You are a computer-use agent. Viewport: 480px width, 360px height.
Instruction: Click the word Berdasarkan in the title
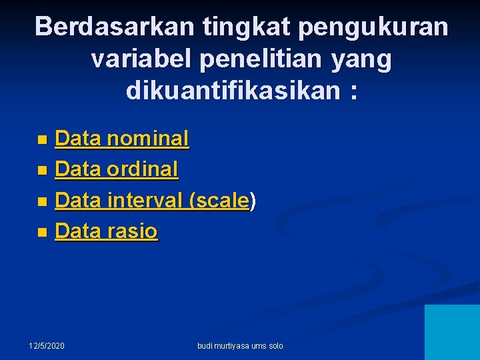pos(115,27)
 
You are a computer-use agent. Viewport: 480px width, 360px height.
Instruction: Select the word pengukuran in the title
pos(373,28)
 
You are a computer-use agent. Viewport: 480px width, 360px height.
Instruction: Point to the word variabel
pos(140,59)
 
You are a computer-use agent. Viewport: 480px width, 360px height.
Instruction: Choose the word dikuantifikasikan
pos(233,91)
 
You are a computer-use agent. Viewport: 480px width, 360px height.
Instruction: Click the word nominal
pos(148,139)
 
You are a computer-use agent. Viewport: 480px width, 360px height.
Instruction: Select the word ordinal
pos(143,169)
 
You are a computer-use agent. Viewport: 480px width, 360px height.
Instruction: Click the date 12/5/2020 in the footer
pos(47,345)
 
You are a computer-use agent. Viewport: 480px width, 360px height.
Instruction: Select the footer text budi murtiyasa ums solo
pos(241,345)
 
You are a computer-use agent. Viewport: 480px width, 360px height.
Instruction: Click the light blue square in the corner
pos(452,332)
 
